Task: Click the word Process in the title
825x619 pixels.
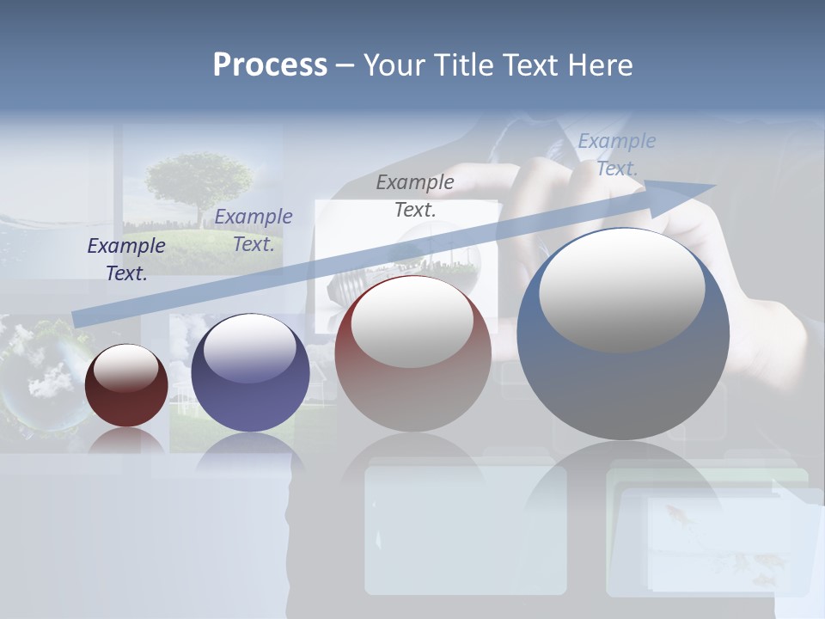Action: coord(270,65)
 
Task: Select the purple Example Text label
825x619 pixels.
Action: coord(254,230)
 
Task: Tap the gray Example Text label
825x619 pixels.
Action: coord(415,195)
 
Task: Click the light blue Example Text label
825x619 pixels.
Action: coord(617,155)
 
